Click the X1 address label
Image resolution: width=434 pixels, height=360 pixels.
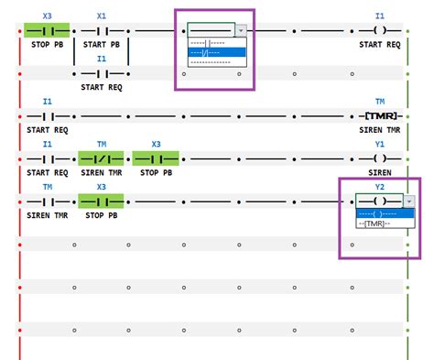point(102,16)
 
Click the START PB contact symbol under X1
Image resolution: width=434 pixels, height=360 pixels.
point(102,30)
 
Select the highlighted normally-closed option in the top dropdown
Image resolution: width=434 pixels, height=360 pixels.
point(216,51)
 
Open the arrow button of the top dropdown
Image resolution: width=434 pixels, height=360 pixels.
point(241,30)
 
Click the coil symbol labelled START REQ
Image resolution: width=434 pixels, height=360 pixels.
point(380,30)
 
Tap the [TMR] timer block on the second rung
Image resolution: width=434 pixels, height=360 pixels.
point(380,117)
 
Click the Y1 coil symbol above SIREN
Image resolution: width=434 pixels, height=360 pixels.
point(380,158)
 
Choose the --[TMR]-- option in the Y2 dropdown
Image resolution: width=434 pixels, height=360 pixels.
point(374,223)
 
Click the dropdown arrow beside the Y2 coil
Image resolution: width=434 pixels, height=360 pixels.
point(408,202)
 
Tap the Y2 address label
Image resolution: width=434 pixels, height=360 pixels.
point(380,187)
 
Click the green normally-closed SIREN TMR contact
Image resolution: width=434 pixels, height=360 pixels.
point(102,158)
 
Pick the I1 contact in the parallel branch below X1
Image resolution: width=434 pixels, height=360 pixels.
point(102,73)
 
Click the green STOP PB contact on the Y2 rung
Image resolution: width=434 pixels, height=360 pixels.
point(102,202)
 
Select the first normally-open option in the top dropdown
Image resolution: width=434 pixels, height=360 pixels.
point(216,42)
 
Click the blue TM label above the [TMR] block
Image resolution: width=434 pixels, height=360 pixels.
point(380,101)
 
